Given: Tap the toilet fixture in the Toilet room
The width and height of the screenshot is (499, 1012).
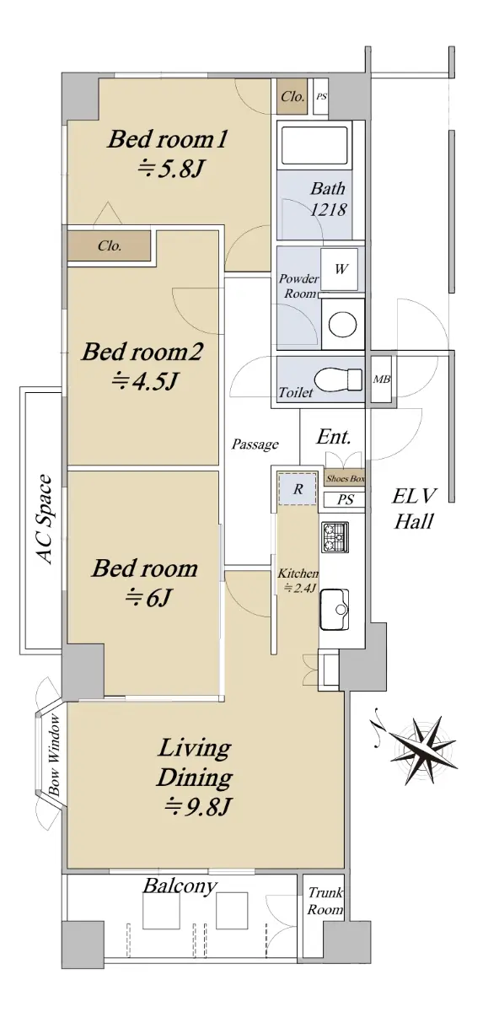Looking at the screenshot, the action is [x=338, y=379].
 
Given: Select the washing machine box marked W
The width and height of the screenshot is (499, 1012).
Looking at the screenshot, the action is [x=339, y=269].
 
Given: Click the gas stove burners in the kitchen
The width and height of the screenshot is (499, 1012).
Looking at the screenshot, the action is [x=335, y=537].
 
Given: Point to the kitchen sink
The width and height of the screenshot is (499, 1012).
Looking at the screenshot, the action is [x=335, y=609].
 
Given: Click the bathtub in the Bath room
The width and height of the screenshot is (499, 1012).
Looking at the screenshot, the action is [x=314, y=145].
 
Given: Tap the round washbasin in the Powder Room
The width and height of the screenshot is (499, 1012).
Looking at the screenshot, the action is [x=342, y=324].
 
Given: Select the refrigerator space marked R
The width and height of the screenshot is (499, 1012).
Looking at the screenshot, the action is [x=298, y=489].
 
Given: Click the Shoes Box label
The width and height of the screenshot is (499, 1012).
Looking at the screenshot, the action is [x=346, y=478].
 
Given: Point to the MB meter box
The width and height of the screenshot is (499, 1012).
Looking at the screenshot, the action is [x=382, y=379].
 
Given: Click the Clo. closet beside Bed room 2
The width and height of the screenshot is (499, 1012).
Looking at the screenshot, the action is [x=110, y=245].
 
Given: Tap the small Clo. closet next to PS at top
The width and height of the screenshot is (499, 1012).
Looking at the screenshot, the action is [x=292, y=96].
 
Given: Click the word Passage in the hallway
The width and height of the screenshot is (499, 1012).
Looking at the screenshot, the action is [x=255, y=444].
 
